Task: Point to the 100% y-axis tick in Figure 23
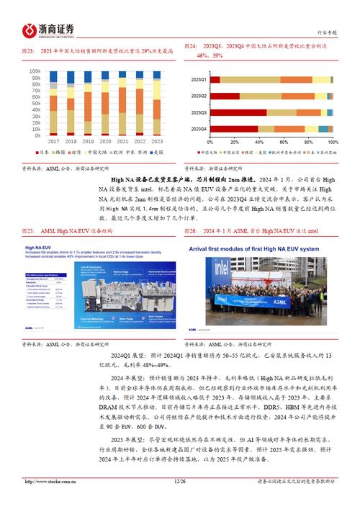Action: pyautogui.click(x=33, y=71)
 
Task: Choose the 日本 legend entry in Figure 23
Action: pyautogui.click(x=43, y=152)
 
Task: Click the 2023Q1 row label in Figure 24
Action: pyautogui.click(x=199, y=79)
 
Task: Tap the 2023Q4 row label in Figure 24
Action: pyautogui.click(x=199, y=129)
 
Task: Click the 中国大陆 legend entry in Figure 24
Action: pyautogui.click(x=208, y=153)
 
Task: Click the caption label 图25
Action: pyautogui.click(x=31, y=231)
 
